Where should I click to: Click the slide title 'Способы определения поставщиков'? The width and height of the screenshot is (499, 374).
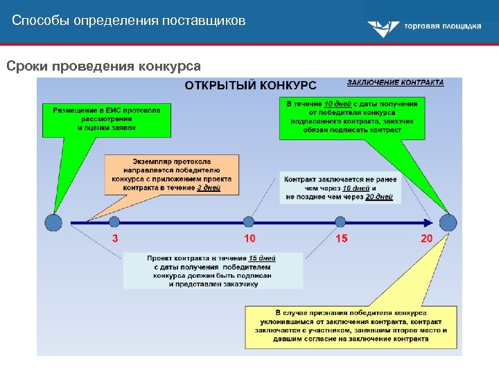pos(128,21)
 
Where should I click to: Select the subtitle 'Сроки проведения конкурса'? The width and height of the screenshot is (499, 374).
pos(103,66)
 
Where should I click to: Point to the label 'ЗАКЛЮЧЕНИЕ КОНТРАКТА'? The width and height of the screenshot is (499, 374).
pos(396,82)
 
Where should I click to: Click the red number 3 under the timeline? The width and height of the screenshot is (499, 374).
pos(115,239)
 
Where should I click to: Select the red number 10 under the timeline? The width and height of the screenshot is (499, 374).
pos(249,239)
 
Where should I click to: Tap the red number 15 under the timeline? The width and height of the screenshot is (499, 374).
pos(342,239)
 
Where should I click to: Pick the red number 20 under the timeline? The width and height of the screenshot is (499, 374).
pos(426,239)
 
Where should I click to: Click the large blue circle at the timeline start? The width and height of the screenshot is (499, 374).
pos(53,222)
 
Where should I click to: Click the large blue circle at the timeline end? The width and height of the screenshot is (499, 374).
pos(448,222)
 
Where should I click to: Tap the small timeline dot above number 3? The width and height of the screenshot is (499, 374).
pos(114,222)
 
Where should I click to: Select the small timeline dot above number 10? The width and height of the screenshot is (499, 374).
pos(249,222)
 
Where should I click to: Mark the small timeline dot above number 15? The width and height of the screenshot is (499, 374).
pos(340,222)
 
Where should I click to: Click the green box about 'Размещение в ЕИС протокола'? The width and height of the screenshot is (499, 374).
pos(106,118)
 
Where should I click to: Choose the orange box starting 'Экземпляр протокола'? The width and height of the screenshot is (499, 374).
pos(171,174)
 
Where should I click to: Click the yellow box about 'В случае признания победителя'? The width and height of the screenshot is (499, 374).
pos(350,326)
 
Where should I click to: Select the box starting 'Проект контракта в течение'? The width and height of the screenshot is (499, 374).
pos(213,271)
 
